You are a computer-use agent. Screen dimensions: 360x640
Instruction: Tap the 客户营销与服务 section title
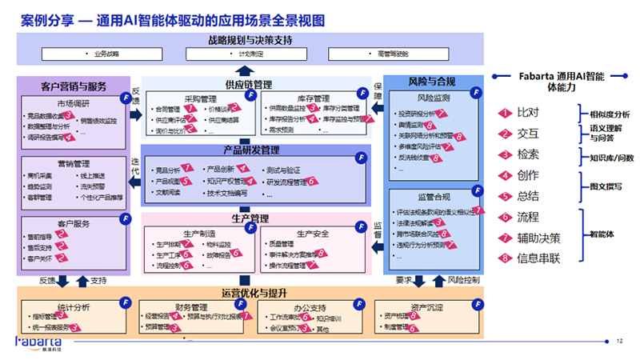coord(74,83)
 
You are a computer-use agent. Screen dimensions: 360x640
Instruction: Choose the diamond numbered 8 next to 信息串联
coord(506,258)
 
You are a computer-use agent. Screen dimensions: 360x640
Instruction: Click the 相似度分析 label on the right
coord(610,114)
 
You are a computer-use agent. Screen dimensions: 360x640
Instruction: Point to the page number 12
coord(619,342)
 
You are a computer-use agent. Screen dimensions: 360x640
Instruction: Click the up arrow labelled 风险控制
coord(437,281)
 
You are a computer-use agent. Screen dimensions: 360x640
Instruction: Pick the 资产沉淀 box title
coord(430,306)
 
